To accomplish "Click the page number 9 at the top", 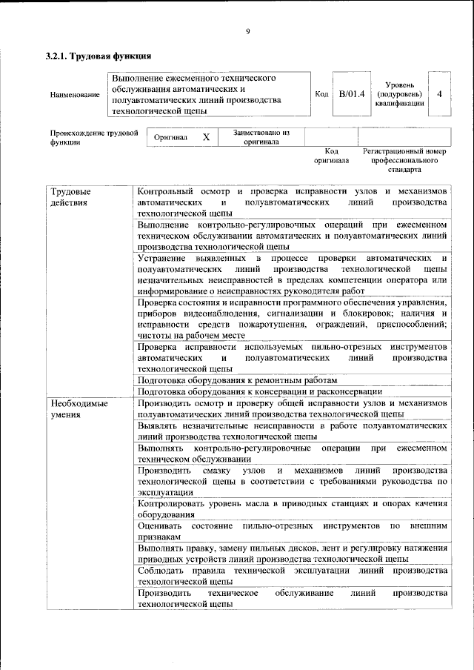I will [248, 30].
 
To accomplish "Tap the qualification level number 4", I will [441, 94].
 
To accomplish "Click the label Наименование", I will [74, 95].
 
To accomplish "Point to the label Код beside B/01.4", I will [321, 94].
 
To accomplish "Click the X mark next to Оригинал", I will [207, 137].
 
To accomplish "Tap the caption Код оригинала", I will [331, 155].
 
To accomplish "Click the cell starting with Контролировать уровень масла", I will [292, 509].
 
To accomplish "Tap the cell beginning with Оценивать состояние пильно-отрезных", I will [292, 531].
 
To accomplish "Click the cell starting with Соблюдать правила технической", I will [292, 577].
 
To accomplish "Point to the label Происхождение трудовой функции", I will [93, 138].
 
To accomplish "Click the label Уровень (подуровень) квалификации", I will [400, 95].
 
